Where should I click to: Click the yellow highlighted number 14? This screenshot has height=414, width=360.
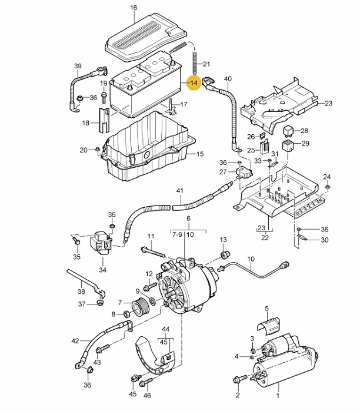194,83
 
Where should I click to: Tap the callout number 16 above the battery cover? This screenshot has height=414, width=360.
134,8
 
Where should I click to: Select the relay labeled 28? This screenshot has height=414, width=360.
288,131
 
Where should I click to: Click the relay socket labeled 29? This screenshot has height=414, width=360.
288,146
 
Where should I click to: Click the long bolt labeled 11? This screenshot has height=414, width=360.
153,252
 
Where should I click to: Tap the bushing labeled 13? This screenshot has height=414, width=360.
225,254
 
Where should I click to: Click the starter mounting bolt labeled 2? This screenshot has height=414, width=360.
240,379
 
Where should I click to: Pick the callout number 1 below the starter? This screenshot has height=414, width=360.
278,395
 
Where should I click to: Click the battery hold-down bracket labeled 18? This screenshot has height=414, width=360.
104,120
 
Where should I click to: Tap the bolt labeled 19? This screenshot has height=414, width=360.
104,97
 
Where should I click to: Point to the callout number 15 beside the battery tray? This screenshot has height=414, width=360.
200,154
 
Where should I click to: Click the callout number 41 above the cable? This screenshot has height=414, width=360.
180,190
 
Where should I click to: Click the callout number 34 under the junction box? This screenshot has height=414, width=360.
102,270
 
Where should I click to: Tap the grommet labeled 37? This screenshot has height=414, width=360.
100,302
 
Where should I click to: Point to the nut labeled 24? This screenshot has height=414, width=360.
328,187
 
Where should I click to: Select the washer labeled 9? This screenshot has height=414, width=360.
152,300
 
